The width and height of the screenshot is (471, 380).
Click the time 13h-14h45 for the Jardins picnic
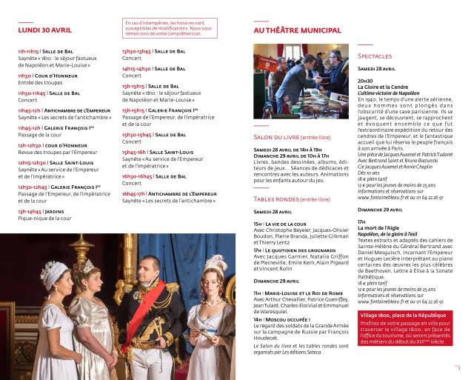click(30, 211)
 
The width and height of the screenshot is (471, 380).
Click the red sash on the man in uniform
click(153, 311)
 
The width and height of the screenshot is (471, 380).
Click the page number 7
click(458, 367)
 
